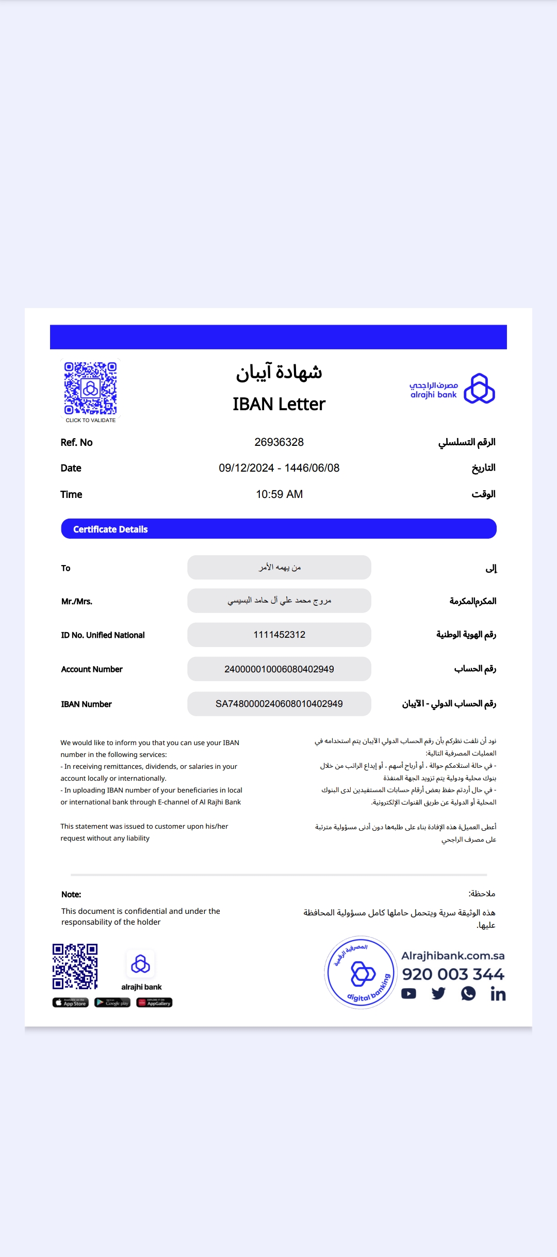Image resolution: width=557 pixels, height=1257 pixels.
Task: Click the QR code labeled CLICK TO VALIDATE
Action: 90,388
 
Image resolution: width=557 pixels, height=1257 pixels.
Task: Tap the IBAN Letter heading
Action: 279,404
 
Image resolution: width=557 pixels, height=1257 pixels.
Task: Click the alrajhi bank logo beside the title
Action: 452,389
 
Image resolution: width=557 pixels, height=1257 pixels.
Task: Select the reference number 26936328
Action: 279,442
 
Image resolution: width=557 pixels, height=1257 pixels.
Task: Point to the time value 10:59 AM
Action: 279,494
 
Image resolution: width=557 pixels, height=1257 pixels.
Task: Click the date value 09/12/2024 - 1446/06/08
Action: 279,468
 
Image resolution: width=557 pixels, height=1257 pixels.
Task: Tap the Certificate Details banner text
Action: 110,529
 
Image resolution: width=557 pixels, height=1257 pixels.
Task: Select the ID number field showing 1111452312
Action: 279,635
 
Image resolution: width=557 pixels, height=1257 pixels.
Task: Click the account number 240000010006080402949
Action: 279,669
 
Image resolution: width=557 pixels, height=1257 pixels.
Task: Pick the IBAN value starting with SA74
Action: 279,704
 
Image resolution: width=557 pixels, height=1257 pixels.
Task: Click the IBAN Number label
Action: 86,704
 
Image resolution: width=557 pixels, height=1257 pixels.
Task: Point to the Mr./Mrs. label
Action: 77,601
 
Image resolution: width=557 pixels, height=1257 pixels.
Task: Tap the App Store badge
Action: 71,1003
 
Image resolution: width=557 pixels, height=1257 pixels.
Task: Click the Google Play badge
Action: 112,1003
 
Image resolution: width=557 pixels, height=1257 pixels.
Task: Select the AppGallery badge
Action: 154,1003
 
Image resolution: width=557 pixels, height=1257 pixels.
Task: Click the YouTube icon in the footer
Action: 408,993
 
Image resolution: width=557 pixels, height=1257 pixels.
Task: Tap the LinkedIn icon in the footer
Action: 498,994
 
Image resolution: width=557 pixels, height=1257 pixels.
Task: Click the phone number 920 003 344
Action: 453,974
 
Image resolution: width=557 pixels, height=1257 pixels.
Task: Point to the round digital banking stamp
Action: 361,972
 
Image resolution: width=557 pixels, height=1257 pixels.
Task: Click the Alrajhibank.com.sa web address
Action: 453,956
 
